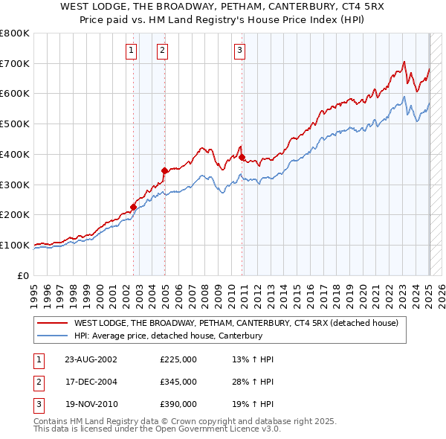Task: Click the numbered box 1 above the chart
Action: tap(131, 51)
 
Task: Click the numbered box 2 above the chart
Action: tap(161, 51)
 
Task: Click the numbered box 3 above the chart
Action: tap(240, 51)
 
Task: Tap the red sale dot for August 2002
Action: tap(134, 207)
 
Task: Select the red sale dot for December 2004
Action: tap(164, 170)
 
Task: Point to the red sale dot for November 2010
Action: tap(242, 157)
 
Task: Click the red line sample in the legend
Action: tap(53, 323)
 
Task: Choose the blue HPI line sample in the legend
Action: tap(53, 336)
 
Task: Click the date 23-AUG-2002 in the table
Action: tap(91, 359)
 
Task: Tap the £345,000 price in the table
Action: tap(178, 382)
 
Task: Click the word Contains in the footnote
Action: tap(50, 421)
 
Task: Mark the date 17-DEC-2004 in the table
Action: tap(91, 382)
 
